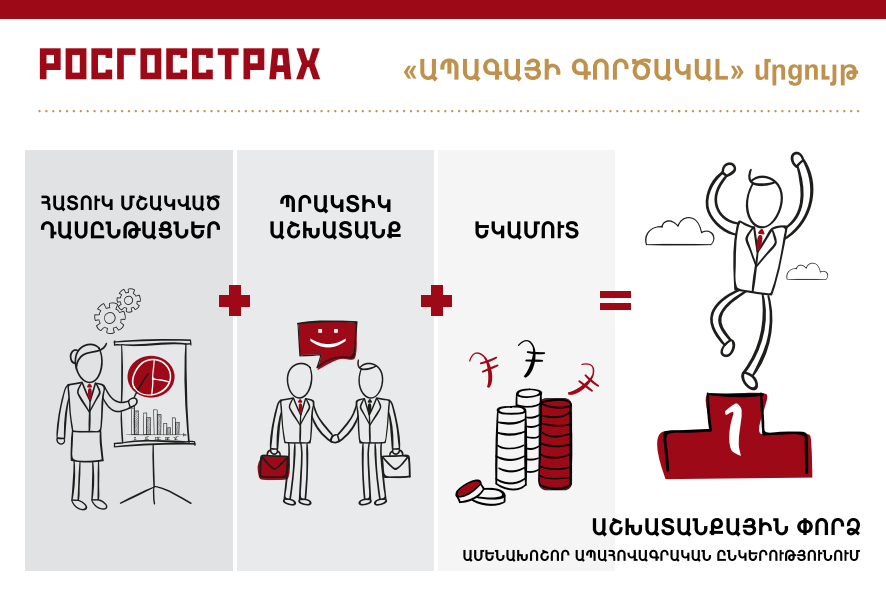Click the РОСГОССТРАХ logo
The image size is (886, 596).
coord(180,64)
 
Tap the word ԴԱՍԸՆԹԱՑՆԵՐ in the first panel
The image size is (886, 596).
coord(130,230)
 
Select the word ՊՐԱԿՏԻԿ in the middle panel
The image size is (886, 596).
coord(336,204)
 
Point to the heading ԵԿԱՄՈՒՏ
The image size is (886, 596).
coord(527,230)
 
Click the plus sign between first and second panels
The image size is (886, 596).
coord(234,301)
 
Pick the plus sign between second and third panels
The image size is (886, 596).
coord(436,301)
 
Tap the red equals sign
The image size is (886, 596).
coord(615,301)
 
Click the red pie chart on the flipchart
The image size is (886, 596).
coord(151,377)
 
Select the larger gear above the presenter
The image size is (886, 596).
coord(110,318)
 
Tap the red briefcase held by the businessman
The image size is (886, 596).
coord(273,466)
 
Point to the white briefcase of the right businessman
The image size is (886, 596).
coord(397,464)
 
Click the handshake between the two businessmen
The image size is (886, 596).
coord(336,436)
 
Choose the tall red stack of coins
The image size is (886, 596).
coord(555,444)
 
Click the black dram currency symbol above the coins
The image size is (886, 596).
coord(530,358)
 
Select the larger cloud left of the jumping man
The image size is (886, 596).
coord(679,232)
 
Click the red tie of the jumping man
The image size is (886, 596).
coord(761,240)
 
